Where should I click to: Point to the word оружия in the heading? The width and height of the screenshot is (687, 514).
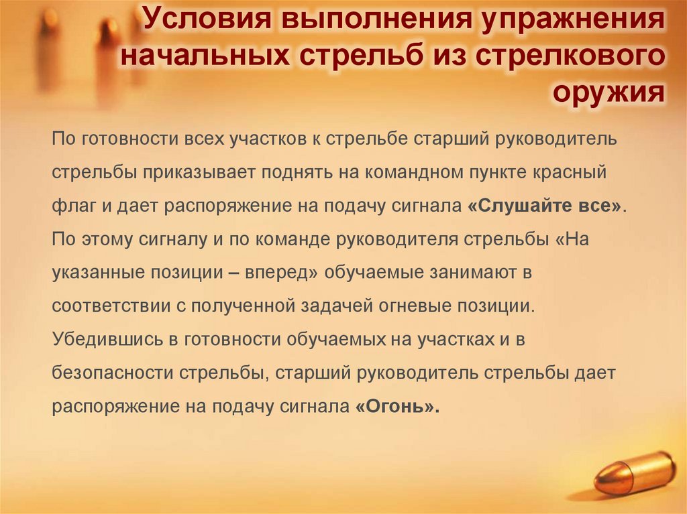609,91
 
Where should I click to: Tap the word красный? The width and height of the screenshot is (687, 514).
571,172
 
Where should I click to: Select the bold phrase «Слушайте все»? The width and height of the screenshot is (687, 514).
544,205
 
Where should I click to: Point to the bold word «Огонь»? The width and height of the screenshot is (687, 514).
396,406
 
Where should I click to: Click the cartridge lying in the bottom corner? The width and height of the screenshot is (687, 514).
635,473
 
